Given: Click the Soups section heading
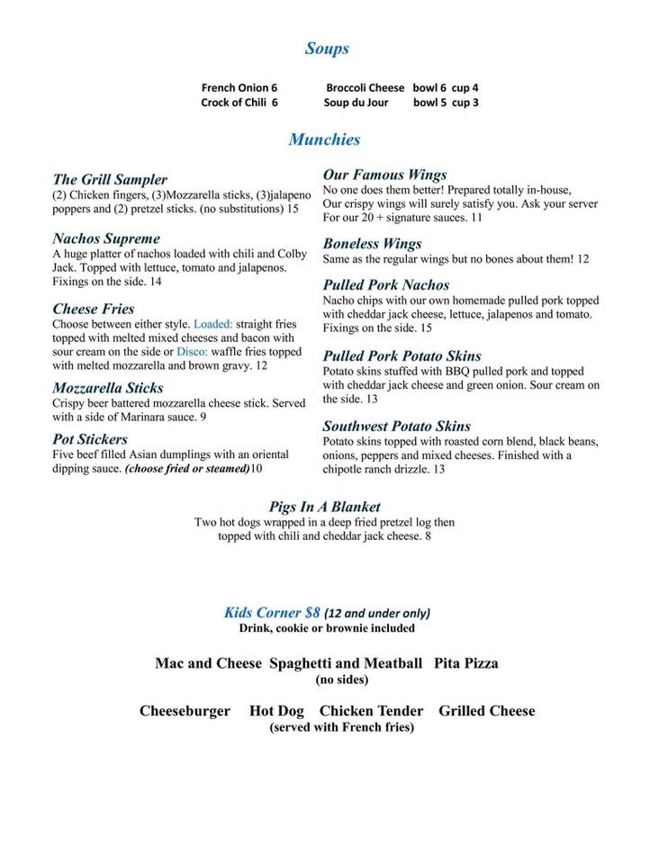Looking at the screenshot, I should pyautogui.click(x=327, y=49).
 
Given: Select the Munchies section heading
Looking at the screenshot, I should pyautogui.click(x=324, y=139).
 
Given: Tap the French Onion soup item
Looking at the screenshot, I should pyautogui.click(x=239, y=88).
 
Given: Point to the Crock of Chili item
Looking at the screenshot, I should pyautogui.click(x=239, y=103).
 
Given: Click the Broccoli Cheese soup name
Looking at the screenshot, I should pyautogui.click(x=365, y=88).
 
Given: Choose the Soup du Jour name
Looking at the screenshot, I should pyautogui.click(x=356, y=103).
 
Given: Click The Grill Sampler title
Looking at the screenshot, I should pyautogui.click(x=110, y=180).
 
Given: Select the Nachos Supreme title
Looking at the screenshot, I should pyautogui.click(x=106, y=239).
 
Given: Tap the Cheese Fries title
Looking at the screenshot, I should pyautogui.click(x=94, y=309).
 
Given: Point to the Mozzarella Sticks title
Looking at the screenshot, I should pyautogui.click(x=108, y=388).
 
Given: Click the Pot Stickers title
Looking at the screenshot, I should pyautogui.click(x=90, y=439).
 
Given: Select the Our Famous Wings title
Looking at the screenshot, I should pyautogui.click(x=384, y=175).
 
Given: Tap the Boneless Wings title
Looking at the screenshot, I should pyautogui.click(x=372, y=244).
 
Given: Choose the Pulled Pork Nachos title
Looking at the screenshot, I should pyautogui.click(x=386, y=285).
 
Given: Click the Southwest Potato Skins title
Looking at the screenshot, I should pyautogui.click(x=397, y=427).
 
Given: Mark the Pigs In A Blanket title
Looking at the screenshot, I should pyautogui.click(x=324, y=507).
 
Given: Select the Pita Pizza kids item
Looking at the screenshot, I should pyautogui.click(x=466, y=664).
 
